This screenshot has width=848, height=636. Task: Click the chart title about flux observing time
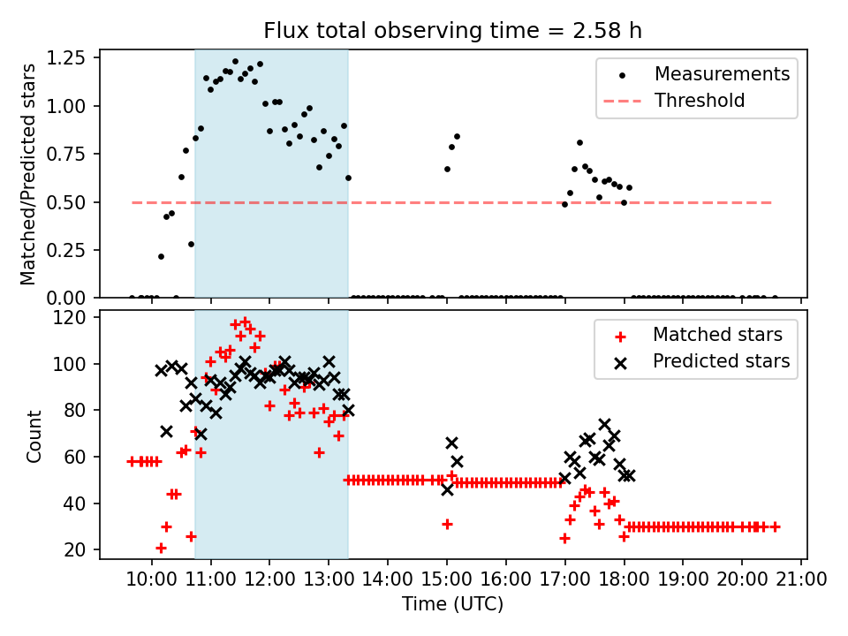pyautogui.click(x=452, y=31)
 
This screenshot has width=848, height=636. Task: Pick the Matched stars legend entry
pyautogui.click(x=717, y=335)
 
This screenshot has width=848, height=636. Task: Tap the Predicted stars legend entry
pyautogui.click(x=721, y=361)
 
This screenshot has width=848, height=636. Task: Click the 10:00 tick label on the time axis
pyautogui.click(x=151, y=580)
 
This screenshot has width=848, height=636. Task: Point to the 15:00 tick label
pyautogui.click(x=446, y=580)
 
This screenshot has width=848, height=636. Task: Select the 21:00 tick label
pyautogui.click(x=800, y=580)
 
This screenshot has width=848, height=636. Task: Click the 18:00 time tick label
pyautogui.click(x=624, y=580)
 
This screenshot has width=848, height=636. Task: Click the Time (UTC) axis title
pyautogui.click(x=452, y=605)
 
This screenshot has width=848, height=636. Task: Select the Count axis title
pyautogui.click(x=34, y=435)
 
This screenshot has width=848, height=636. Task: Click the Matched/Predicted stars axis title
pyautogui.click(x=28, y=174)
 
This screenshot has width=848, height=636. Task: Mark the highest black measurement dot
pyautogui.click(x=235, y=62)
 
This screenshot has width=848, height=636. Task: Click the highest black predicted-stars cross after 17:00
pyautogui.click(x=604, y=425)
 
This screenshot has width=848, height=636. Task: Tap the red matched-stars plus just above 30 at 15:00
pyautogui.click(x=447, y=524)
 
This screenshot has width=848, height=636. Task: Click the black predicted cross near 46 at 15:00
pyautogui.click(x=447, y=489)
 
